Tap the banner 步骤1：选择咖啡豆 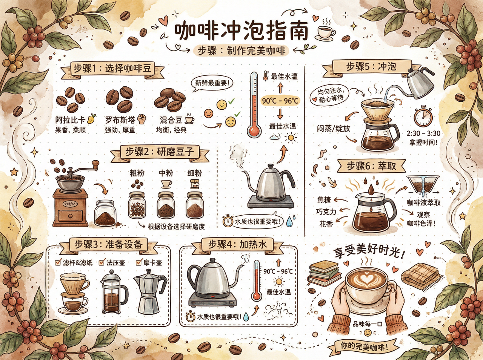[x=112, y=69]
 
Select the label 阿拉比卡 [x=70, y=120]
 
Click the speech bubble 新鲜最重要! [x=211, y=83]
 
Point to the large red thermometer [x=254, y=106]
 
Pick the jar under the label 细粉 [x=195, y=205]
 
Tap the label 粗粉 [x=137, y=173]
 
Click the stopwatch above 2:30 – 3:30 [x=423, y=116]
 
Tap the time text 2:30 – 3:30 [x=423, y=133]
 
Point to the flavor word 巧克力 [x=326, y=212]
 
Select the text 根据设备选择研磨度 [x=176, y=227]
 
